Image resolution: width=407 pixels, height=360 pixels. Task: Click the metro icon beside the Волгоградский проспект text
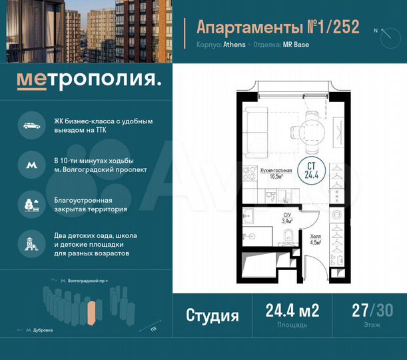(x=31, y=163)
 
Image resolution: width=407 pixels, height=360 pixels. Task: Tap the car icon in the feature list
(x=31, y=125)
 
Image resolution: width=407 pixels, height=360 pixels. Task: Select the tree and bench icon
(x=31, y=203)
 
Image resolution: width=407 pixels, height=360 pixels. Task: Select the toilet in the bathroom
(x=288, y=235)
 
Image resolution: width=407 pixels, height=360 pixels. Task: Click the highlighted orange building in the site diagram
(x=91, y=313)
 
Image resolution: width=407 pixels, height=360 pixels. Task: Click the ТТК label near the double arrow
(x=154, y=329)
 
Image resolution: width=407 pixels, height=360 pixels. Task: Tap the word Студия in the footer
(x=212, y=315)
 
